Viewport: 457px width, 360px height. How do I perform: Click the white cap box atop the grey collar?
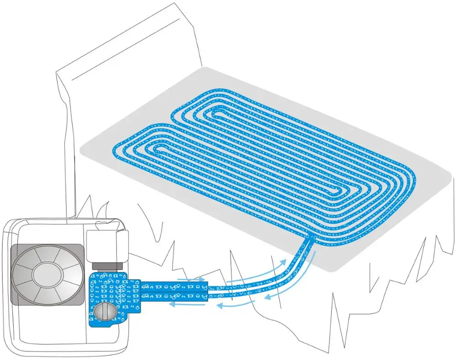[106, 245]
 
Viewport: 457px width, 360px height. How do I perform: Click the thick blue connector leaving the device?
[174, 291]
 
